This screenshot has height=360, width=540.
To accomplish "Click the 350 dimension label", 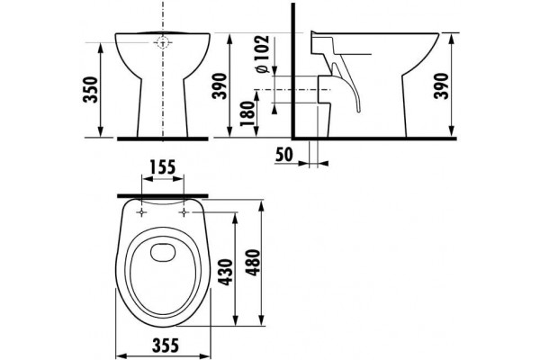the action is tap(91, 90).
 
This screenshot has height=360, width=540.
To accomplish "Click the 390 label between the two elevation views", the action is tap(220, 86).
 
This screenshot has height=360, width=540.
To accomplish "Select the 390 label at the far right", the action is tap(442, 86).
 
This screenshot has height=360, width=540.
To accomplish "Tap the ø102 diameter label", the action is tap(263, 54).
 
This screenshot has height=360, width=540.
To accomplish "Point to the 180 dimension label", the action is tap(247, 114).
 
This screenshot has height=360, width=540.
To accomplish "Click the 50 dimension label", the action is tap(284, 155).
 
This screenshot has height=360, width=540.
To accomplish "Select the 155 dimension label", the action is tap(163, 167).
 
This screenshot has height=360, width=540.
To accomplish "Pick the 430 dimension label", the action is tap(226, 272).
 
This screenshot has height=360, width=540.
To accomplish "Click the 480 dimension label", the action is tap(254, 263).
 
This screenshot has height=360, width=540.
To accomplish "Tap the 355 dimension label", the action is tap(166, 345).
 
